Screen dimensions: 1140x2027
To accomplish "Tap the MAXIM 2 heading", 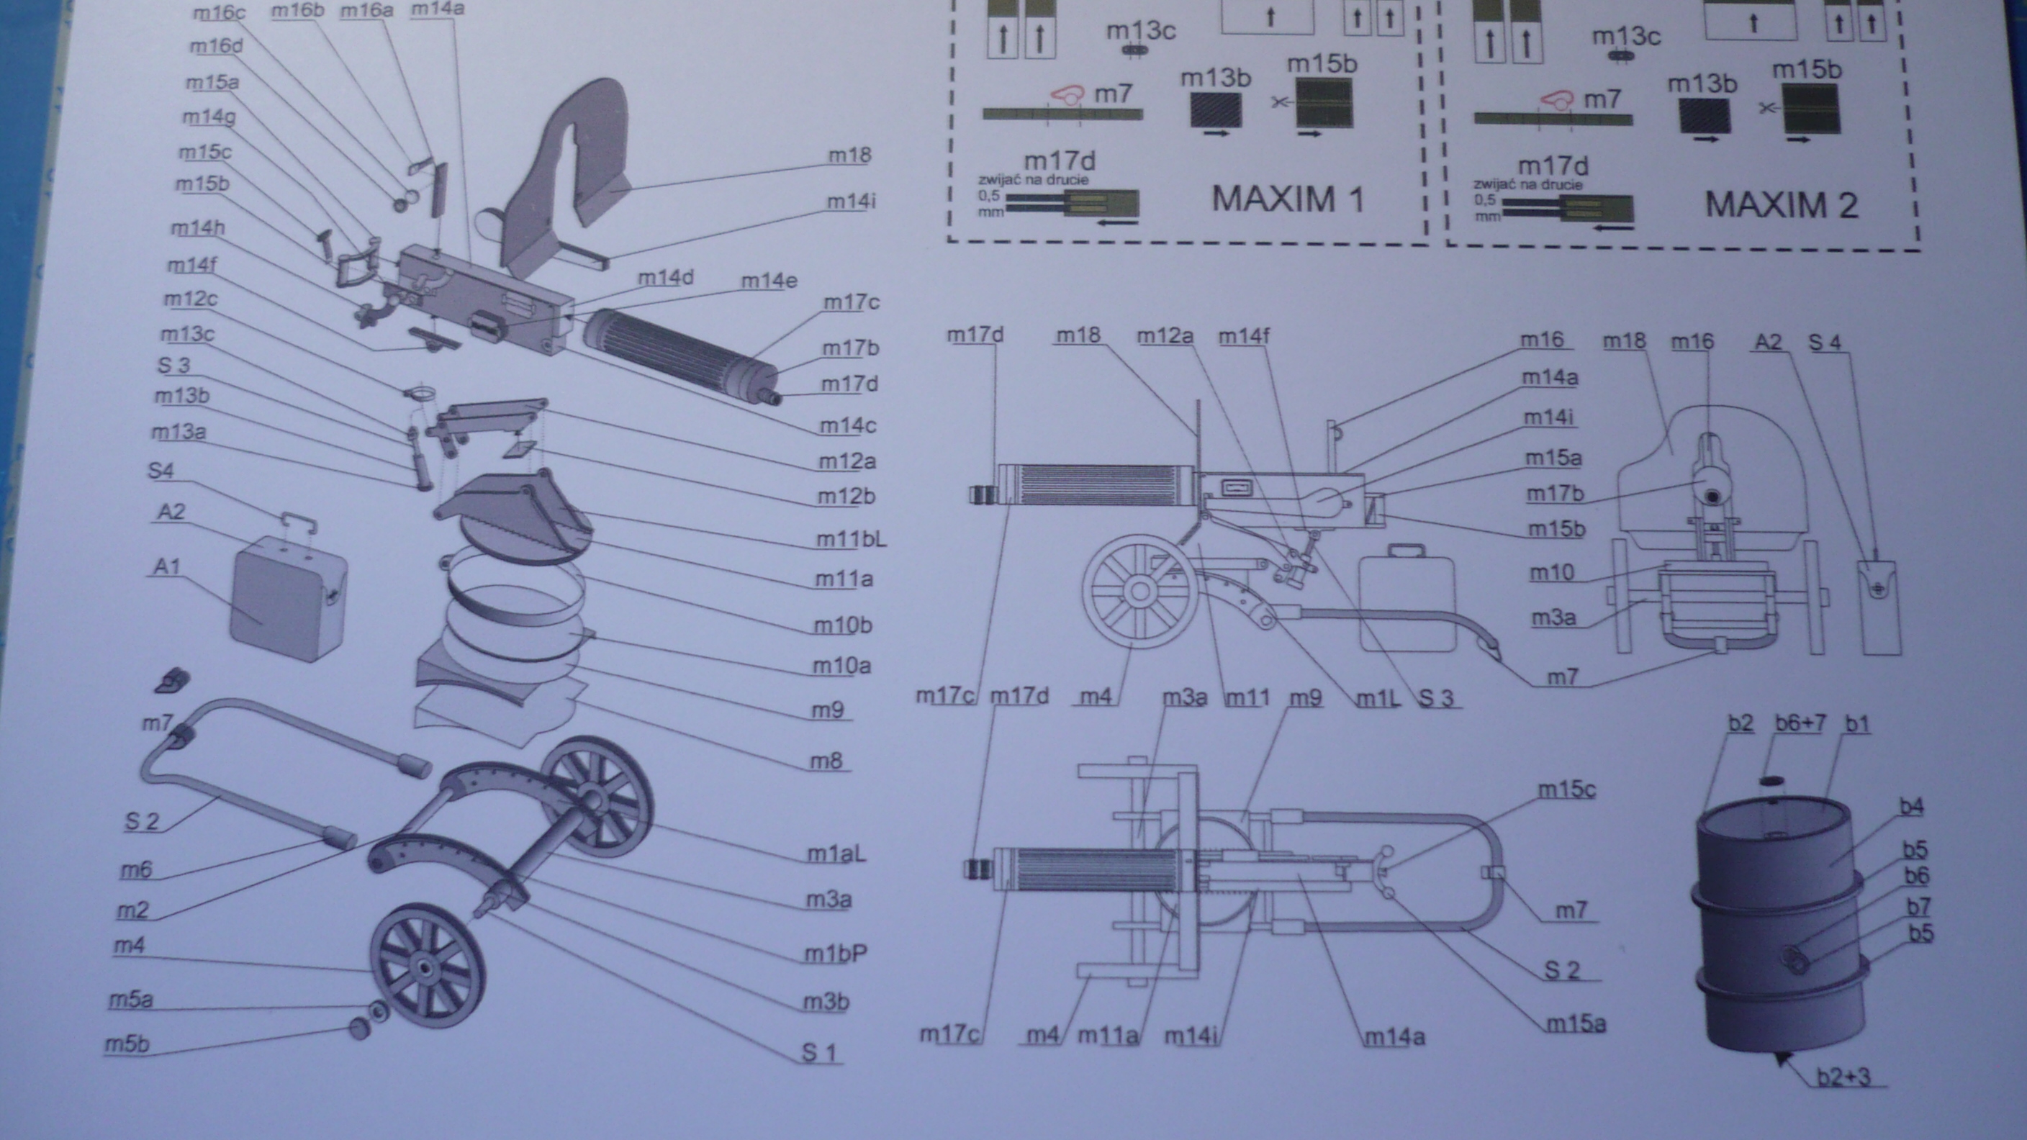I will pos(1781,204).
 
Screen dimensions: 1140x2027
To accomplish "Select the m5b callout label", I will pos(127,1044).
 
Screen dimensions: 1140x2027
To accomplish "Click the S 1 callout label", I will pos(818,1052).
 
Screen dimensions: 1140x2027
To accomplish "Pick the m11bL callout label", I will pos(851,539).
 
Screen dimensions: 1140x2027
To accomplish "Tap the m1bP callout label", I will pos(835,954).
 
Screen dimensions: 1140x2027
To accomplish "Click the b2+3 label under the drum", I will pos(1843,1075).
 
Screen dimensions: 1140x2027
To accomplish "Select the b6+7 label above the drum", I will pos(1800,723).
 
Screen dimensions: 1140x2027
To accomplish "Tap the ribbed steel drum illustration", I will pos(1779,920).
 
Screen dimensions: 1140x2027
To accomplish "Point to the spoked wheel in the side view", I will pos(1139,590).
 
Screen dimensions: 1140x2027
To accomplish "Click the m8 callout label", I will pos(826,760).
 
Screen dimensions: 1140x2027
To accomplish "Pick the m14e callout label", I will pos(768,281).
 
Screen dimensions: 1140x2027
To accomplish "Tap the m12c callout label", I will pos(189,299).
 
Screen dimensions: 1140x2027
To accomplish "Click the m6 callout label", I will pos(135,869).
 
